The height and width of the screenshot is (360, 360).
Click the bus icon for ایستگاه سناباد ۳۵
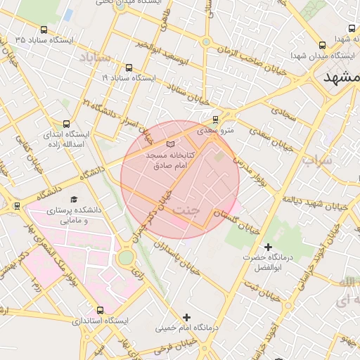pos(45,30)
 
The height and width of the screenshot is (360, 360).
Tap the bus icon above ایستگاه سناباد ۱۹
pos(128,68)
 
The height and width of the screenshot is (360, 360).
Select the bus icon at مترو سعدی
pos(215,120)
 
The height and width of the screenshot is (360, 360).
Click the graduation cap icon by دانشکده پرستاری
pos(74,200)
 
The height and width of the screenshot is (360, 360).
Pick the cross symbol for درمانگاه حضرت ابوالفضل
pos(268,247)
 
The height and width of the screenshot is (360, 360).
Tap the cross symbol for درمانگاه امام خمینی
pos(186,317)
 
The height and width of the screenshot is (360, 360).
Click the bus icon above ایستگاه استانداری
pos(99,310)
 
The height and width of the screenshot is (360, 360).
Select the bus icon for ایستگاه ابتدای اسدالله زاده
pos(67,123)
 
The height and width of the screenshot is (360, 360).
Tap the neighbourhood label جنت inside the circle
pos(186,210)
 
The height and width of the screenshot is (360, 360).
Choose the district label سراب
pos(316,160)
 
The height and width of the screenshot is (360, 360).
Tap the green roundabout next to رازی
pos(125,258)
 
